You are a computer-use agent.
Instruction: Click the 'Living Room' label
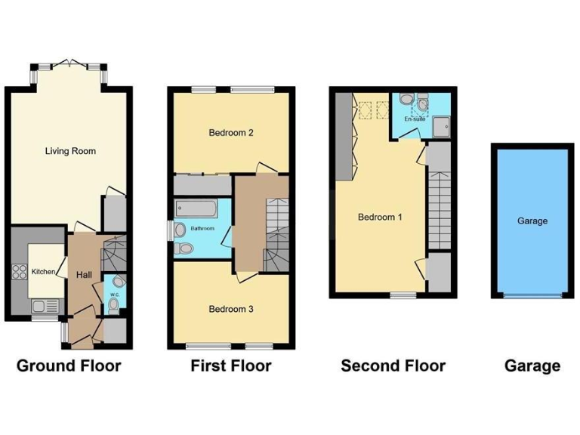pos(70,151)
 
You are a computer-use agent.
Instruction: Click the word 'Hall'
pos(84,275)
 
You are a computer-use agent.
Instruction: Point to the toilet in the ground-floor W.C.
pos(114,304)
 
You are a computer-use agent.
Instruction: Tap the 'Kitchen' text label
pos(42,270)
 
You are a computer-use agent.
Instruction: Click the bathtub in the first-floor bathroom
pos(195,208)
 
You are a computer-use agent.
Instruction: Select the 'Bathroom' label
pos(202,228)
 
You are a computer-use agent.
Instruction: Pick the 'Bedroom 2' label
pos(230,133)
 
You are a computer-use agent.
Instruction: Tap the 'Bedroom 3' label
pos(230,309)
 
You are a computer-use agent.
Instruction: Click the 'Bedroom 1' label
pos(380,217)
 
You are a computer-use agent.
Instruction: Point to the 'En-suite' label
pos(415,119)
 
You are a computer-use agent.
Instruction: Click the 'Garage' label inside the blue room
pos(532,221)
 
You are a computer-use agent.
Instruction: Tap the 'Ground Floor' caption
pos(69,366)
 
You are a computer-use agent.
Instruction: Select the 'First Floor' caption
pos(230,366)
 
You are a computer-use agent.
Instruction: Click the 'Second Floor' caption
pos(393,366)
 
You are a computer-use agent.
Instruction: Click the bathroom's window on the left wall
pos(169,230)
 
